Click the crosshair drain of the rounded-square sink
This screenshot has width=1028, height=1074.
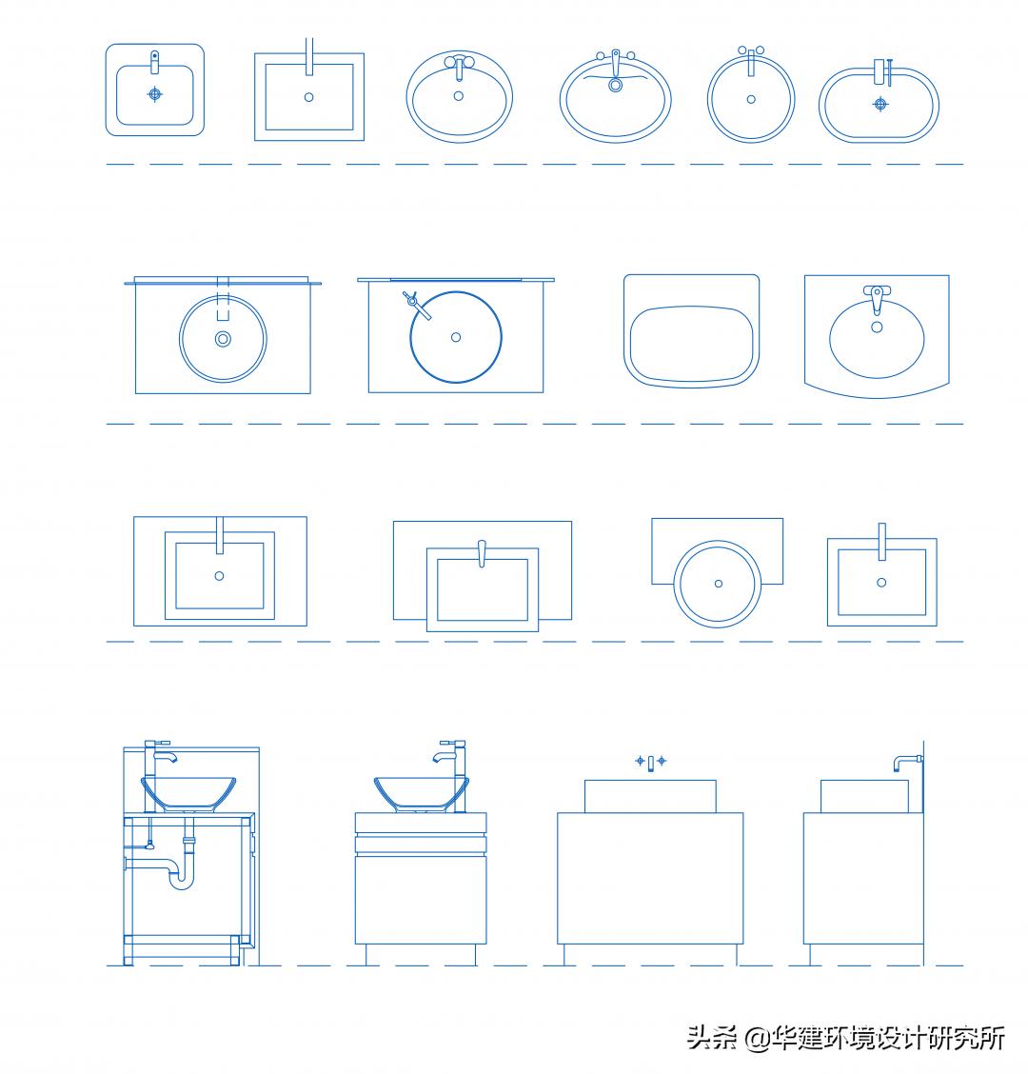[154, 93]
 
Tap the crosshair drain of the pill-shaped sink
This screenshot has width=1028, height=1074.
[880, 103]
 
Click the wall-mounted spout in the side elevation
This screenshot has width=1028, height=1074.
[907, 761]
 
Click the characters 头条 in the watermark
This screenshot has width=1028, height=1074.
[712, 1037]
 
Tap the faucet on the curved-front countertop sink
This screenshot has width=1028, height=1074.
[876, 298]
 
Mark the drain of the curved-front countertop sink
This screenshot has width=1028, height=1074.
[877, 328]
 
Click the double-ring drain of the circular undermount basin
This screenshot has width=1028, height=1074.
[223, 338]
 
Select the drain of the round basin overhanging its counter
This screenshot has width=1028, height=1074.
[718, 584]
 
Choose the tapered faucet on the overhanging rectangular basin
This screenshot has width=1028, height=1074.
[482, 552]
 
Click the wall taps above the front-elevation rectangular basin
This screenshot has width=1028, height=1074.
[651, 762]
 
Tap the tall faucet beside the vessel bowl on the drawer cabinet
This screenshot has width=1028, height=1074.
[451, 762]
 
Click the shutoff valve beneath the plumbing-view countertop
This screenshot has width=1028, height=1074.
[148, 842]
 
